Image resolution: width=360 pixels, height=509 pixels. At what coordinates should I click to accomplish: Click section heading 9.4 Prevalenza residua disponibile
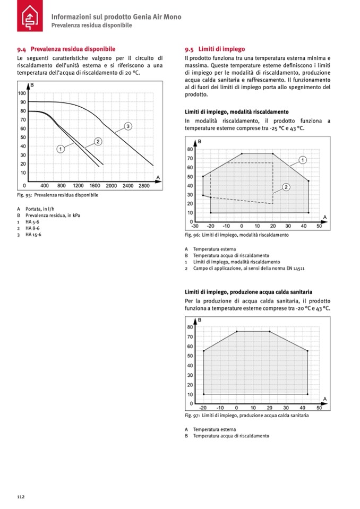point(66,49)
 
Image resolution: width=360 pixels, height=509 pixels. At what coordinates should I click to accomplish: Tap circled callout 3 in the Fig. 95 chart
point(128,126)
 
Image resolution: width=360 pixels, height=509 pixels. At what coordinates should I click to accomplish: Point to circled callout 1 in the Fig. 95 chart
point(61,149)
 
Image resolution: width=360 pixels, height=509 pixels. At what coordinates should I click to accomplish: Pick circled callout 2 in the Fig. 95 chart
point(98,141)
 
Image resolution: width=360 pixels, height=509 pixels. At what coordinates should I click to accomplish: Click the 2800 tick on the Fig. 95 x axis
point(144,186)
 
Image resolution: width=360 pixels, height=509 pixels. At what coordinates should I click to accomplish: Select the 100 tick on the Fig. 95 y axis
point(22,93)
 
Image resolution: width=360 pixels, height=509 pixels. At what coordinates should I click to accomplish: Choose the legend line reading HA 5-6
point(32,221)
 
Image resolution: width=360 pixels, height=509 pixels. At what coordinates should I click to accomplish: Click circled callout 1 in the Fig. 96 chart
point(302,159)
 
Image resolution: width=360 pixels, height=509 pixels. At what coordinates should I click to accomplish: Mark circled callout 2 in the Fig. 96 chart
point(286,186)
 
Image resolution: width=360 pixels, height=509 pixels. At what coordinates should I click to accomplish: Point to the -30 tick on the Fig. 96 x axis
point(195,226)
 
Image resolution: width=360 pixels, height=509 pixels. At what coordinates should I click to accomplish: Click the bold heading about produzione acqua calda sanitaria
point(248,292)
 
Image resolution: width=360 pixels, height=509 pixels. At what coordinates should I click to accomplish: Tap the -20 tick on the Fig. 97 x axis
point(203,408)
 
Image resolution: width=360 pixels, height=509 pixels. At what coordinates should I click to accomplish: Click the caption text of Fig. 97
point(246,416)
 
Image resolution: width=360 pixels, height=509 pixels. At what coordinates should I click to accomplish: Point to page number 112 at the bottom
point(21,497)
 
